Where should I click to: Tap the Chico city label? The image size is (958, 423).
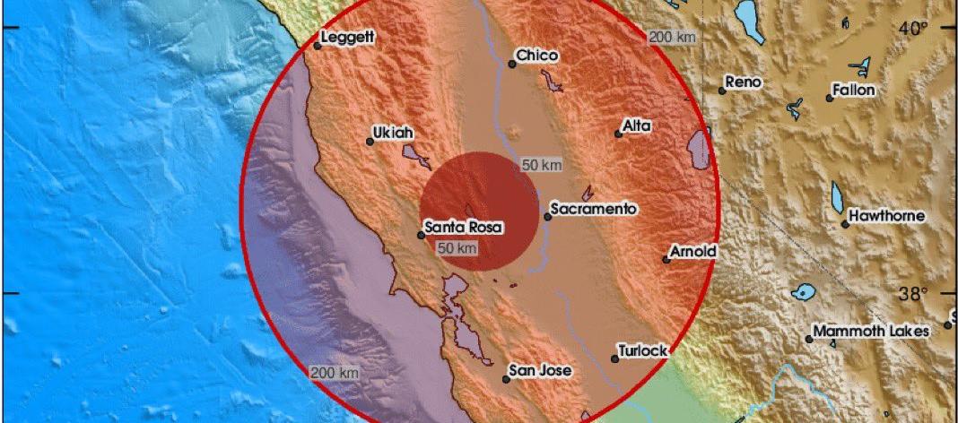coord(537,56)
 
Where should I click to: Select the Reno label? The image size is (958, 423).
coord(743,82)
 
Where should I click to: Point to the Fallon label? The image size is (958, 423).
coord(853,90)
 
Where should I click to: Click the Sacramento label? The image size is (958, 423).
coord(594,209)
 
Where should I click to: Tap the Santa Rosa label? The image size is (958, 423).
coord(464,228)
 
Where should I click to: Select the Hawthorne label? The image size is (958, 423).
coord(887,216)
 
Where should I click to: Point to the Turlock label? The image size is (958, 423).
coord(643,351)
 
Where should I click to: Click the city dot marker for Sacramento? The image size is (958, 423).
coord(548,216)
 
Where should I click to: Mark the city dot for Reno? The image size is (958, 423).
coord(722,90)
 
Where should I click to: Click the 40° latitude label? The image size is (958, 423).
coord(914,29)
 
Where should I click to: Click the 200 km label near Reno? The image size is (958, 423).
coord(672,37)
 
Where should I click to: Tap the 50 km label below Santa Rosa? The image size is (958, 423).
coord(457,248)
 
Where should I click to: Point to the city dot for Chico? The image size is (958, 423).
coord(512,64)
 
